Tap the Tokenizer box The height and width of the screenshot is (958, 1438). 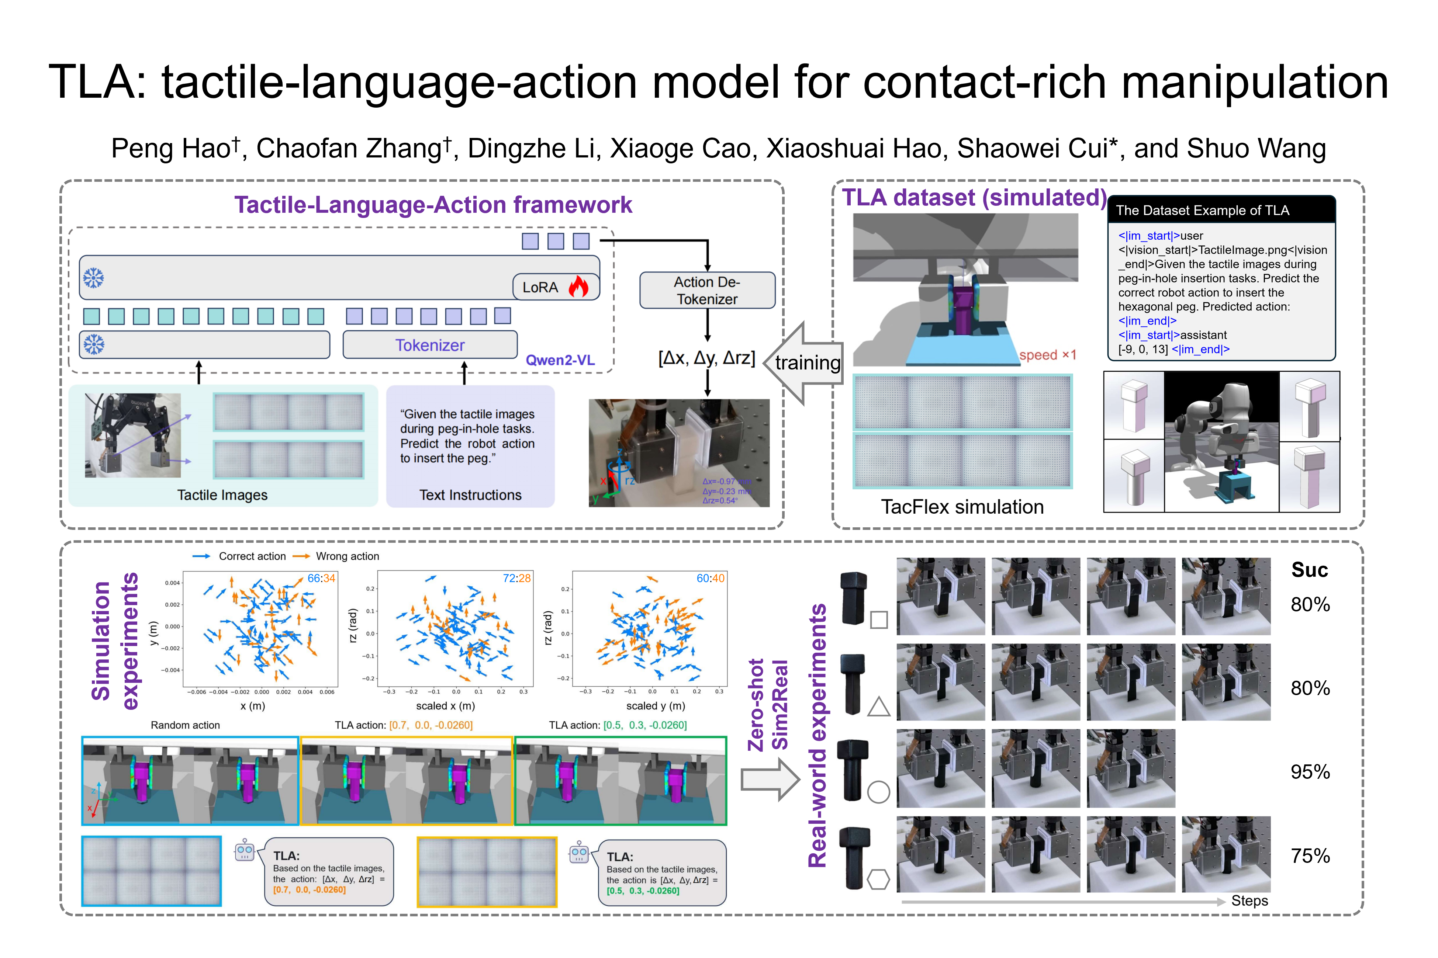click(x=430, y=345)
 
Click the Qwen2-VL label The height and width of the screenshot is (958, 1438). click(x=560, y=360)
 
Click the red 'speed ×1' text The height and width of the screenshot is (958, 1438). click(x=1047, y=355)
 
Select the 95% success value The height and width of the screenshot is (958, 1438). click(x=1310, y=772)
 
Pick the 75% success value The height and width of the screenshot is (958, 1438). click(x=1310, y=855)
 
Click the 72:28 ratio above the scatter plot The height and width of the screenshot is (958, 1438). click(x=516, y=578)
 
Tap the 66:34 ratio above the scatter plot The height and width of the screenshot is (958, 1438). click(x=321, y=578)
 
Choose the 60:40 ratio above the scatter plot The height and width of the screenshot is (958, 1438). click(x=710, y=578)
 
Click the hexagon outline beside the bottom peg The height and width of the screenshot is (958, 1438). click(x=878, y=880)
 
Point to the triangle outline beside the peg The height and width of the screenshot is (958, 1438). click(x=878, y=708)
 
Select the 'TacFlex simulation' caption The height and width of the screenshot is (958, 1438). click(x=962, y=507)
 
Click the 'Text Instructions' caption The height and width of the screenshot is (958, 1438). click(x=470, y=495)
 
